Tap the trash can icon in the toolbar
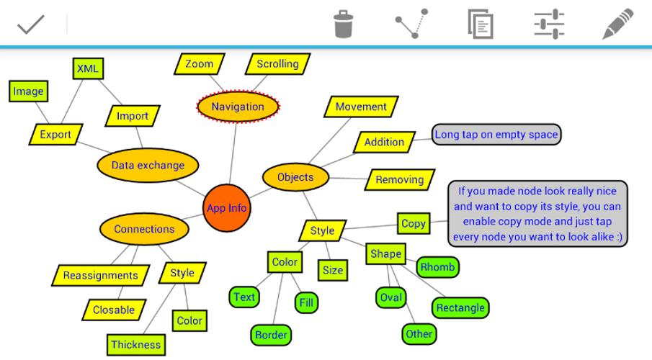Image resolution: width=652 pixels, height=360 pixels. coord(344,23)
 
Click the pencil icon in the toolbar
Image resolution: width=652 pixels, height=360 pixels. coord(617,23)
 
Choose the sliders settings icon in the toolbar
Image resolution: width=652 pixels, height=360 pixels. coord(549,23)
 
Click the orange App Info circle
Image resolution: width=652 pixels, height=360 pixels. coord(226,208)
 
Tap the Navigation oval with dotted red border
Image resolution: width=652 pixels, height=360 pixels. coord(238,107)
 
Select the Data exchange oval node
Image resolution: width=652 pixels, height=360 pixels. coord(148,165)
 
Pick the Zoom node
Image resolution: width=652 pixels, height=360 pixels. coord(199,64)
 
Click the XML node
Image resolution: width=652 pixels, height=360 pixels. coord(89,68)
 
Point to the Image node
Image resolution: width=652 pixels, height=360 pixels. coord(28,91)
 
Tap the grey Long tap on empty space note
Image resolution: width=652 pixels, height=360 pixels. coord(496,134)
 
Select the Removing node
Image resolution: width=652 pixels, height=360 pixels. coord(400,179)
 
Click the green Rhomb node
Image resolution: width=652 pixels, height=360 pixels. coord(437,268)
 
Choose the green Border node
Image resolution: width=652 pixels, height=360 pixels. coord(272,334)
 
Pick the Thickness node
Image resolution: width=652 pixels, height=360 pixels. coord(136,344)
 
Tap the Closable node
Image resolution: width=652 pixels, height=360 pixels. coord(114,310)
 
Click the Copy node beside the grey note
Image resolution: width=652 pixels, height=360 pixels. coord(414,223)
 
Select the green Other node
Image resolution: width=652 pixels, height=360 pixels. coord(419,333)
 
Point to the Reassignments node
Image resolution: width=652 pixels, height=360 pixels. coord(100,275)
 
